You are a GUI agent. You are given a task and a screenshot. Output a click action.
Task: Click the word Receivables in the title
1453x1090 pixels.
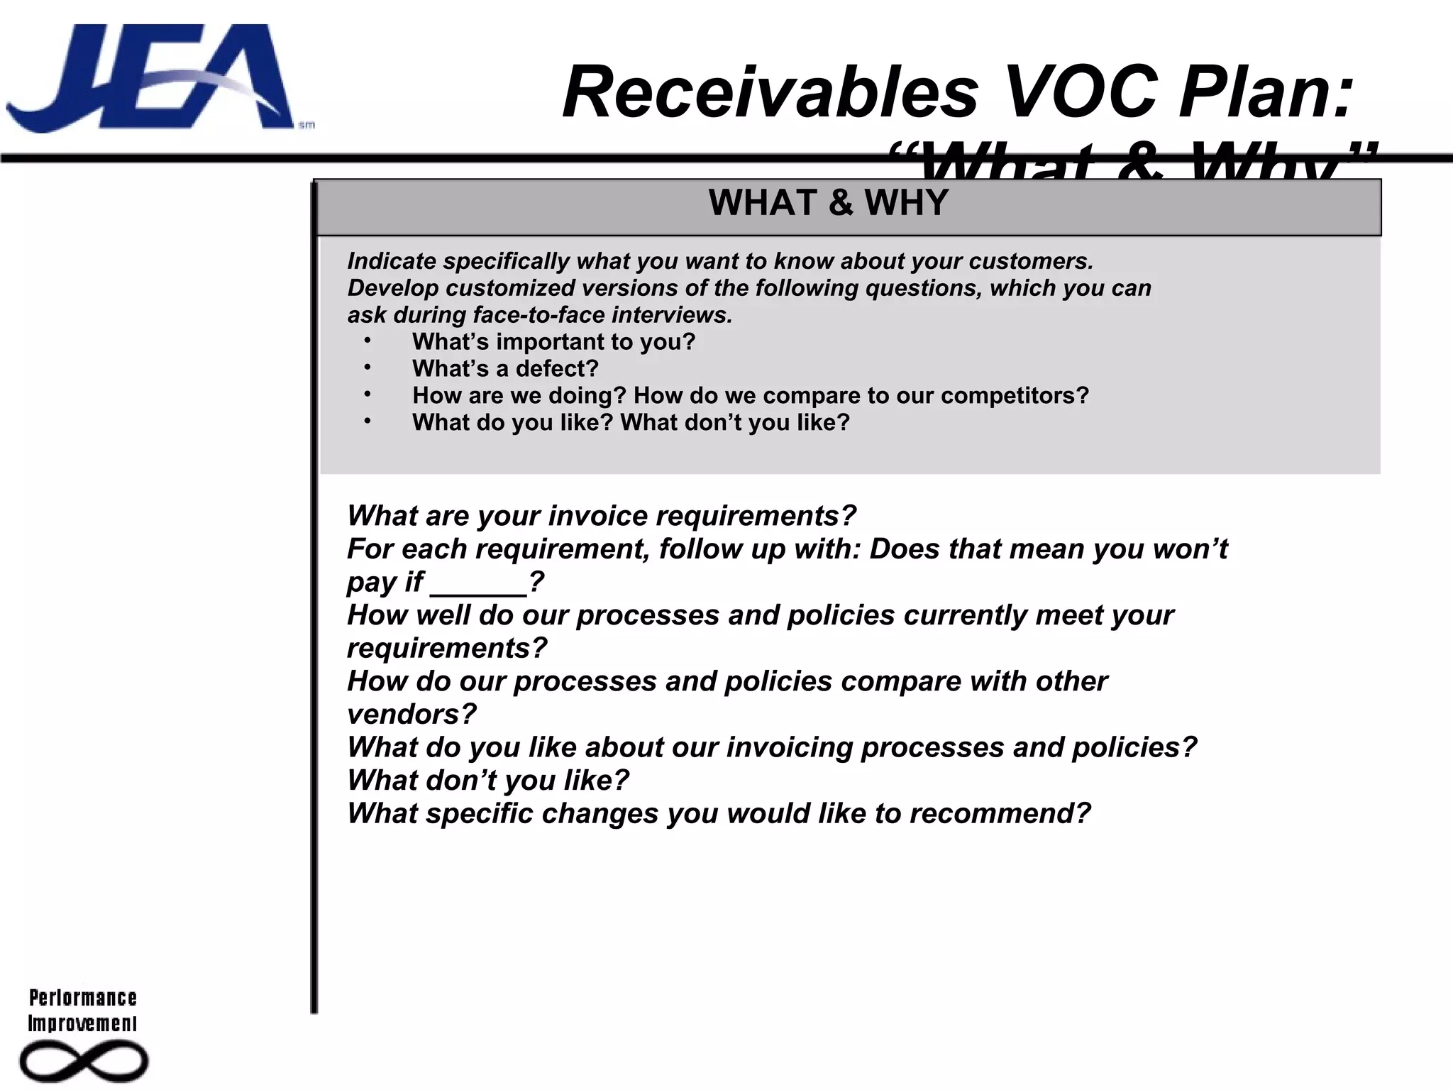click(770, 92)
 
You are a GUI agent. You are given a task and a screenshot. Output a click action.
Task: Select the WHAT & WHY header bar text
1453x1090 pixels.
click(828, 203)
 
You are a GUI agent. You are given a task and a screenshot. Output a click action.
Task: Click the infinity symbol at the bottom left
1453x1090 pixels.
click(84, 1062)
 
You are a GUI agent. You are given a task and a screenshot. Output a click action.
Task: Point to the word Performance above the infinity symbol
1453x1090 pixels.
click(83, 998)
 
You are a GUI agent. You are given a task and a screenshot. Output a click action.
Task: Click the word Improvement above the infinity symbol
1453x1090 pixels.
click(82, 1023)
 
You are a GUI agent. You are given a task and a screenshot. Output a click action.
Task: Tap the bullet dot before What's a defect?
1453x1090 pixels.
click(368, 368)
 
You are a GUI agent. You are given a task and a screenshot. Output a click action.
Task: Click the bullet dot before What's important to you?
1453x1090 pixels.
click(368, 341)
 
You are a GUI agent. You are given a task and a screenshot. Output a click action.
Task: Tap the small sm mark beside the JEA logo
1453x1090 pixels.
click(306, 126)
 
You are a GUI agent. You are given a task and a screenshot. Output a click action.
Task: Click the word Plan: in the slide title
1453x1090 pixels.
click(1266, 92)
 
